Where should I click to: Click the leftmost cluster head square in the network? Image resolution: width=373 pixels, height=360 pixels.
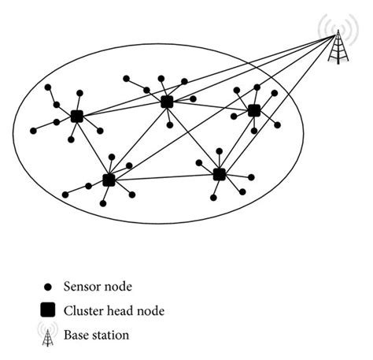click(x=76, y=117)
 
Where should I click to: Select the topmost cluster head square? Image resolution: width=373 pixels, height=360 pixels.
click(x=167, y=102)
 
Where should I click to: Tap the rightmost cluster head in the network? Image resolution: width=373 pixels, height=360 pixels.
click(x=254, y=110)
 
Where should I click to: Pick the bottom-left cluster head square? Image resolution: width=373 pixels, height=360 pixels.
click(x=109, y=180)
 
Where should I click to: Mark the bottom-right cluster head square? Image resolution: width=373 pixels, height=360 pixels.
click(x=220, y=174)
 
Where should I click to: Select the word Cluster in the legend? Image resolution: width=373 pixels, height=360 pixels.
click(x=84, y=311)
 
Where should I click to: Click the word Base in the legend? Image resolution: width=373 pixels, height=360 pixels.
click(x=78, y=335)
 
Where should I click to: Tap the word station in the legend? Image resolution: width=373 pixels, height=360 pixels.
click(x=111, y=335)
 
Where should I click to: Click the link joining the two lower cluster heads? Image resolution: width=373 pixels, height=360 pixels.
click(x=164, y=177)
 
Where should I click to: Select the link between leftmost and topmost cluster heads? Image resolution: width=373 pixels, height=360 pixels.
click(x=121, y=109)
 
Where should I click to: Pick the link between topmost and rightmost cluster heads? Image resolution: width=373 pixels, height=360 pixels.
click(x=210, y=106)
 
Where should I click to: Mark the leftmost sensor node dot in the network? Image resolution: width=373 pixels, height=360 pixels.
click(x=34, y=130)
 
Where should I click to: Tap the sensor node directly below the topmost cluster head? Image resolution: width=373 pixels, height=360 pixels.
click(x=170, y=124)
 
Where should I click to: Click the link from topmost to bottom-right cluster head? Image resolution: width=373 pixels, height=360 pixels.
click(x=193, y=138)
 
